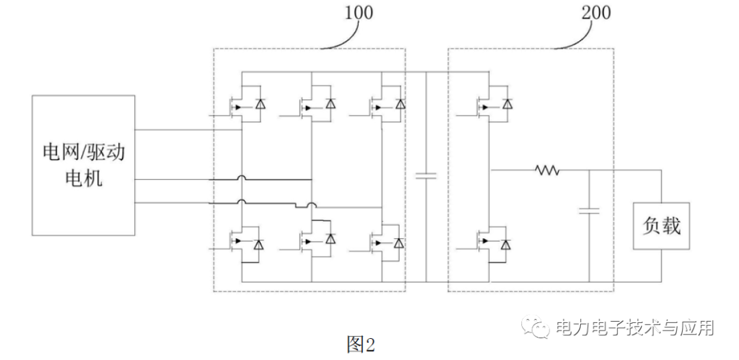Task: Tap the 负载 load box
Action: [x=662, y=225]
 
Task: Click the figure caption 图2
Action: [x=361, y=343]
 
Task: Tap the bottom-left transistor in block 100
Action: [x=244, y=244]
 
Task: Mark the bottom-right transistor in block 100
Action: [x=383, y=244]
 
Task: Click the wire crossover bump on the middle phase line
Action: [x=242, y=179]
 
